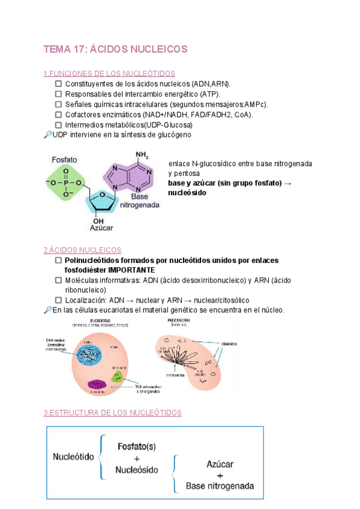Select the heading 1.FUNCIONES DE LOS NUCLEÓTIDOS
pyautogui.click(x=109, y=73)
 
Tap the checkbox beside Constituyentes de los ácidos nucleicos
pyautogui.click(x=58, y=83)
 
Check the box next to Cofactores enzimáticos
pyautogui.click(x=58, y=114)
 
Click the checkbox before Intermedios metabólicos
pyautogui.click(x=58, y=124)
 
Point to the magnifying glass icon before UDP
pyautogui.click(x=48, y=134)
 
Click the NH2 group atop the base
pyautogui.click(x=142, y=155)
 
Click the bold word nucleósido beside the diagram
pyautogui.click(x=187, y=193)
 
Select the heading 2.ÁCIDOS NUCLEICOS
pyautogui.click(x=82, y=250)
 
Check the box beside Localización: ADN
pyautogui.click(x=58, y=300)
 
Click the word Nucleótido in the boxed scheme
pyautogui.click(x=74, y=457)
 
